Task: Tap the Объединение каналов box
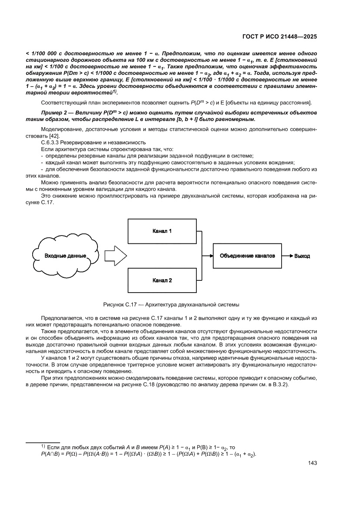(247, 256)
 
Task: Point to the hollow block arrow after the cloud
(116, 256)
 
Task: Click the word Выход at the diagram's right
(302, 256)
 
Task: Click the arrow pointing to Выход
(287, 256)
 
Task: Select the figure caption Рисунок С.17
(171, 304)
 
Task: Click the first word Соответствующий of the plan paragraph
(65, 102)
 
